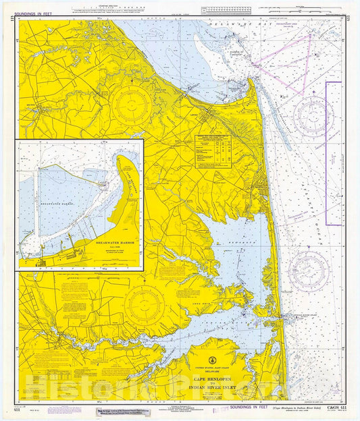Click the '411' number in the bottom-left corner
[17, 410]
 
